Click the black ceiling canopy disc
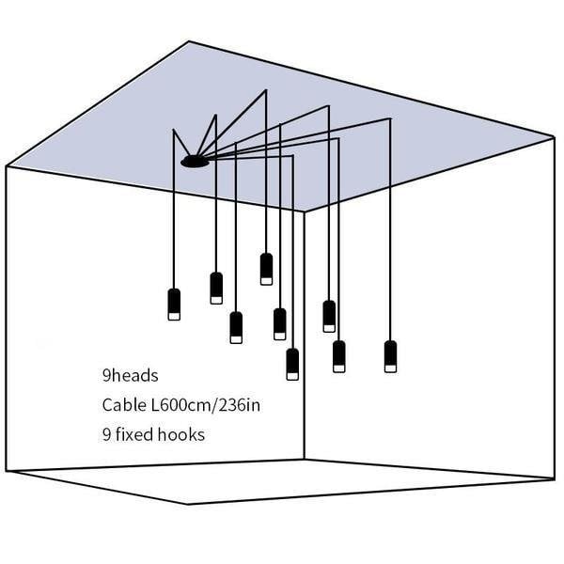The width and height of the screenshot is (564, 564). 195,162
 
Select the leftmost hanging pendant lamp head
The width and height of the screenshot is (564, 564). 174,305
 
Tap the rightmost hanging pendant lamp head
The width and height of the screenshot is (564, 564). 391,356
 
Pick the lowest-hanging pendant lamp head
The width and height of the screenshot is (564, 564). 292,364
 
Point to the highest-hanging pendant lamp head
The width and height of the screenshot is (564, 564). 266,269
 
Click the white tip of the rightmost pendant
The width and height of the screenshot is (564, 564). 391,368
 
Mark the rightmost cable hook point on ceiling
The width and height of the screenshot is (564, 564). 390,118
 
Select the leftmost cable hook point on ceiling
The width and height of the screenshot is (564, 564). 174,129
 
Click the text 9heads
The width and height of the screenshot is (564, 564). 131,375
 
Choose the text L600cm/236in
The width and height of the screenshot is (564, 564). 205,406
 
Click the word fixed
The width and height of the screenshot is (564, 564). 134,434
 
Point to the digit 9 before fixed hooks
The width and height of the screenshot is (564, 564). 106,434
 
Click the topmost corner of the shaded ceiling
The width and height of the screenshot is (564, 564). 189,41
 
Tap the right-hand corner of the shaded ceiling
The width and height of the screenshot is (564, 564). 554,137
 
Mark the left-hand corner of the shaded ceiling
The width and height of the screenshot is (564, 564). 7,166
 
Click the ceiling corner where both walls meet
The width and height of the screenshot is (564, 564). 305,211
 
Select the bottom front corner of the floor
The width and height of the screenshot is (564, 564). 188,504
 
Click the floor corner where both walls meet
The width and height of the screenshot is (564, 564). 305,460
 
